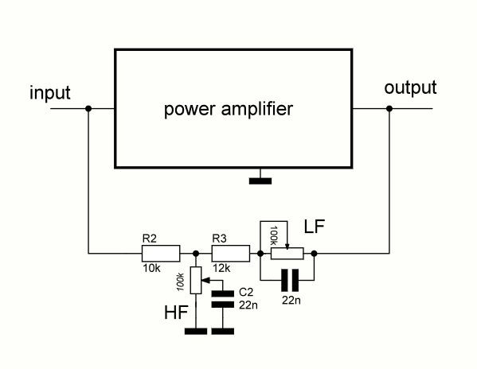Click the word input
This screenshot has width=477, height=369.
(x=50, y=92)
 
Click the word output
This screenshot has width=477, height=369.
(x=410, y=87)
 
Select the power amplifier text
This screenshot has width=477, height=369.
(x=229, y=109)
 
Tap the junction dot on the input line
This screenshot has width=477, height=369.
(x=88, y=108)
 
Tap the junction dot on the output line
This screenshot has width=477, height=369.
(x=389, y=108)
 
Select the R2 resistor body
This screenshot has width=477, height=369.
(x=161, y=253)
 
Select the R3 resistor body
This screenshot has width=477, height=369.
(x=231, y=253)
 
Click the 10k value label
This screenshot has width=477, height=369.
(x=151, y=268)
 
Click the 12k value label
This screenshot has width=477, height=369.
(x=221, y=268)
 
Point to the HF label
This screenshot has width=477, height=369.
(x=176, y=313)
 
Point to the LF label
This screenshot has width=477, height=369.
(x=315, y=227)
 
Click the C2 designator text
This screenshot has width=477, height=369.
(x=246, y=292)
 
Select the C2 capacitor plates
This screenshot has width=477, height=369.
(x=223, y=299)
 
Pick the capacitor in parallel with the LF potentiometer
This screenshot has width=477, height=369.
(x=290, y=280)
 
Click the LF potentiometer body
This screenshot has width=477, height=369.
(x=287, y=253)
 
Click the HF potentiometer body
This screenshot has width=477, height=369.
(x=196, y=280)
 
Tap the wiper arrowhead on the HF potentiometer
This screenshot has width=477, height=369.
(x=205, y=280)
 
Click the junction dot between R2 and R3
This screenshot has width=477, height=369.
(x=196, y=253)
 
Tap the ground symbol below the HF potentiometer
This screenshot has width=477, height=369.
(x=196, y=332)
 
